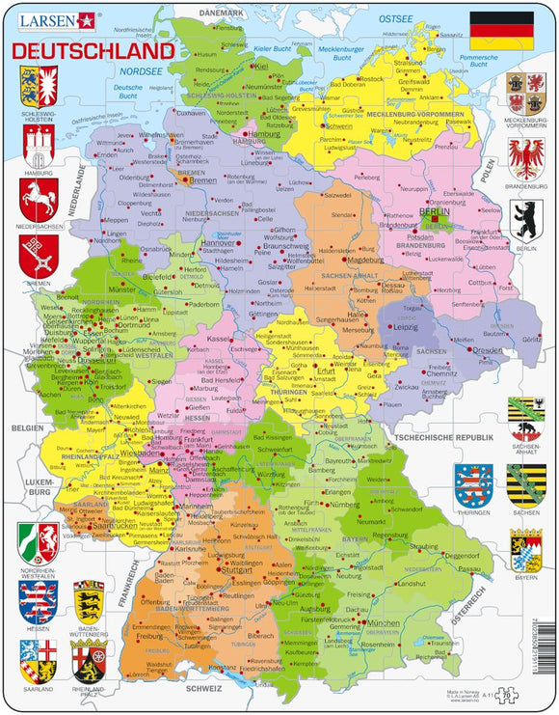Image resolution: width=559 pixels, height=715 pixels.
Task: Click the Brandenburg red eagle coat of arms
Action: (526, 156)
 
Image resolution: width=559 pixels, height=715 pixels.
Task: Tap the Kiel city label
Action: (262, 66)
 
